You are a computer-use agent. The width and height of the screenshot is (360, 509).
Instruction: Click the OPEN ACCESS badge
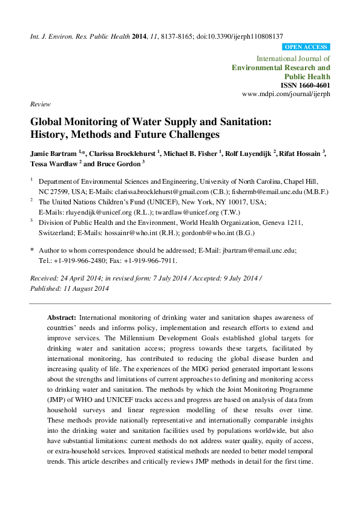(306, 47)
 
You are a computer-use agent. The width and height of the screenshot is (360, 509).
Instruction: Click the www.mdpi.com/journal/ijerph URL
(286, 95)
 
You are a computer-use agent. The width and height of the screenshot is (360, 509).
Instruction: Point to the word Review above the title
(40, 104)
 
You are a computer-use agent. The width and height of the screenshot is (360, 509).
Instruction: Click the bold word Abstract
(61, 317)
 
